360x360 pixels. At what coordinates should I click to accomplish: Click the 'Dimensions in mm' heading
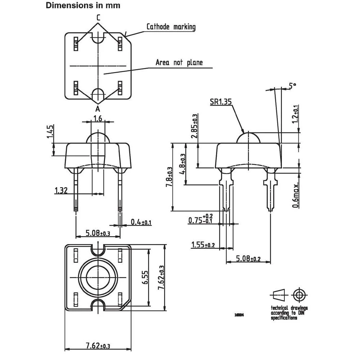coord(83,5)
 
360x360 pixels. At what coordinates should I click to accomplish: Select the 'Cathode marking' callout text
coord(171,27)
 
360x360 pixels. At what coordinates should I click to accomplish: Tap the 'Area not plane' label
coord(179,62)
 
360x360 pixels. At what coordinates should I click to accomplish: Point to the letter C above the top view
coord(98,17)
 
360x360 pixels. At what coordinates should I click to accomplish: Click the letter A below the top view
coord(98,109)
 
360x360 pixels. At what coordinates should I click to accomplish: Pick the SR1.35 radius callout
coord(221,102)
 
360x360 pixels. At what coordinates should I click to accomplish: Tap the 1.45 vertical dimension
coord(51,132)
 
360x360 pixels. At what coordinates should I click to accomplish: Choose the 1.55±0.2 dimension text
coord(203,245)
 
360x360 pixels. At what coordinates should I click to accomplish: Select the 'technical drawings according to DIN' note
coord(289,313)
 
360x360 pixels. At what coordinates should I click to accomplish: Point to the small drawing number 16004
coord(239,314)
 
